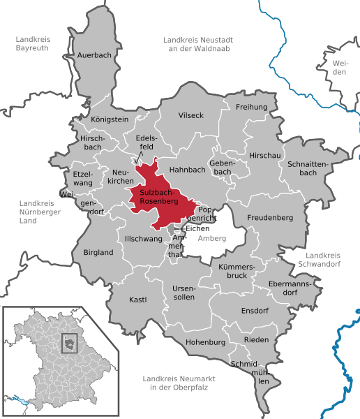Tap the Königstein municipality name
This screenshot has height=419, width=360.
[110, 119]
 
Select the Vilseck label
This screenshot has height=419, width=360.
[190, 115]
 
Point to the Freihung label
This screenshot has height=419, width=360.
[252, 107]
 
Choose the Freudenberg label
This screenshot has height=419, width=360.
[269, 218]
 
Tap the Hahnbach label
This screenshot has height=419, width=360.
[181, 169]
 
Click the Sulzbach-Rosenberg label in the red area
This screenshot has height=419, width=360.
[159, 196]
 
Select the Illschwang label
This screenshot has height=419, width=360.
[143, 239]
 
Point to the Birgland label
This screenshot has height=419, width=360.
[98, 252]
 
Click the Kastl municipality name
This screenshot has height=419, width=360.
[137, 300]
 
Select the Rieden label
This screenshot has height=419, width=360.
[256, 339]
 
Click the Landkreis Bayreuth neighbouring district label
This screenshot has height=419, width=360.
[33, 45]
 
